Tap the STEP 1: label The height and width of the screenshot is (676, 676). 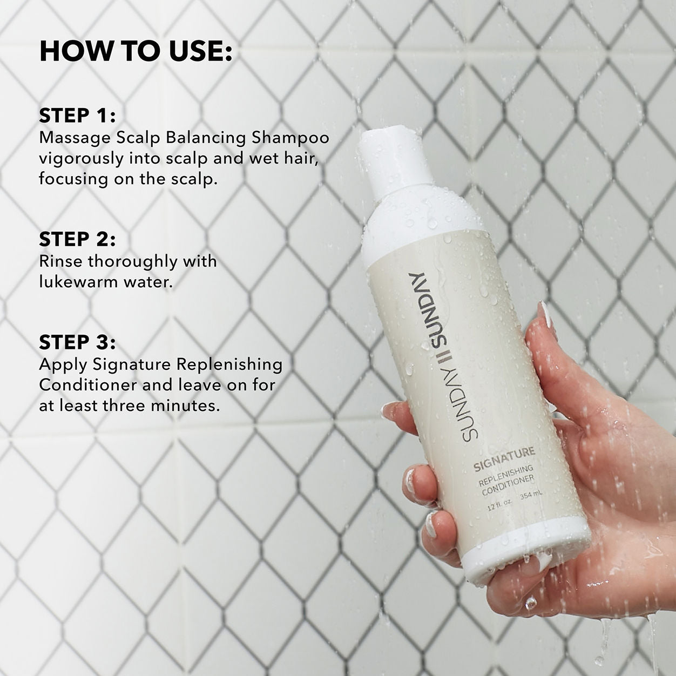coord(77,116)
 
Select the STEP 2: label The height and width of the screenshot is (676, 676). coord(77,239)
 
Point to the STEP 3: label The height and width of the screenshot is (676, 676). coord(77,342)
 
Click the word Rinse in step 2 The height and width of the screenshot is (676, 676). coord(61,261)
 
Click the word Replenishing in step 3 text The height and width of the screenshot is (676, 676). coord(229,364)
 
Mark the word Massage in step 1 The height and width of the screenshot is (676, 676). coord(75,138)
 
